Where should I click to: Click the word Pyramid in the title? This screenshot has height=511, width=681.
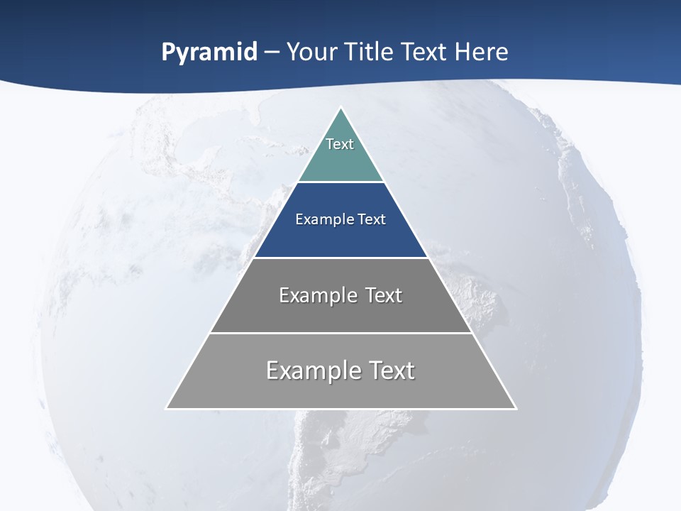tap(209, 53)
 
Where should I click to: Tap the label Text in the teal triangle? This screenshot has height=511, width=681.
tap(340, 144)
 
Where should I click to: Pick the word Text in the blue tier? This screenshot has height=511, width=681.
tap(371, 219)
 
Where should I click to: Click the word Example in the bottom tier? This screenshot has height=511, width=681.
tap(309, 370)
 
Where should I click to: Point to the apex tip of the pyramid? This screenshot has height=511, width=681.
tap(340, 109)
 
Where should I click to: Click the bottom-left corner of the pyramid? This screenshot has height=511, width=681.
tap(167, 407)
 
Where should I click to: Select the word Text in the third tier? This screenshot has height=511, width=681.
tap(383, 295)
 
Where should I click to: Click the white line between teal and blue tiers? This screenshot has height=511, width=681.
tap(340, 182)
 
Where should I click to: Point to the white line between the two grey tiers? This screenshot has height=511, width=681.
tap(340, 333)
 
